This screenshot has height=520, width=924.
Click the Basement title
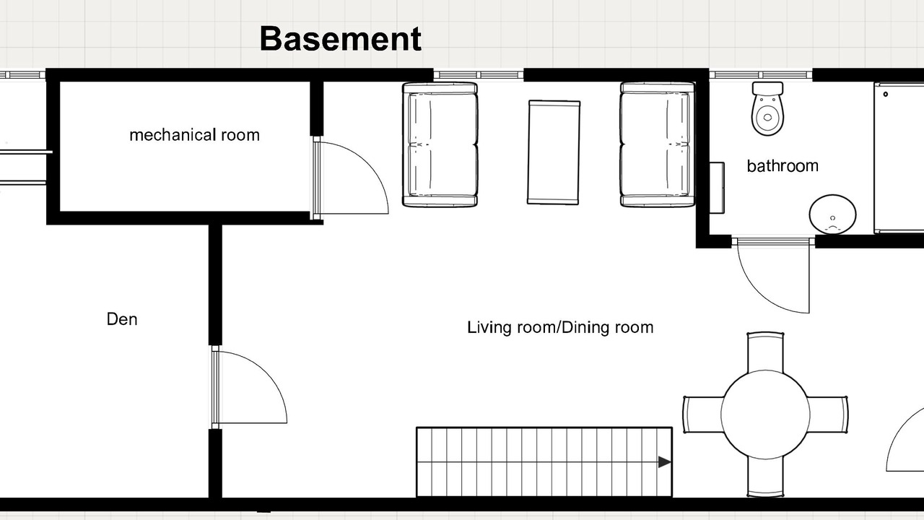point(341,39)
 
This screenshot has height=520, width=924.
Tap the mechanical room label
point(195,135)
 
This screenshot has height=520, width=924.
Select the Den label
point(122,319)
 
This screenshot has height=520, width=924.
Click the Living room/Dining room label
point(560,327)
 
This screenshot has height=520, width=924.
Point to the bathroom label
point(783,166)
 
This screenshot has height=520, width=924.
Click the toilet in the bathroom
point(767,108)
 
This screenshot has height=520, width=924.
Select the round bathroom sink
point(832,214)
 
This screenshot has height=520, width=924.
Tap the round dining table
point(765,415)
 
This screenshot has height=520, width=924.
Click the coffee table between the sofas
point(554,152)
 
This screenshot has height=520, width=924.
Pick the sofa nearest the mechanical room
point(440,144)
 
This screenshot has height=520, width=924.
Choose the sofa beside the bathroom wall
point(658,144)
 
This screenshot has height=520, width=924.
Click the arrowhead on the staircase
point(665,461)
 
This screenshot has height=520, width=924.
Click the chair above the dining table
point(765,352)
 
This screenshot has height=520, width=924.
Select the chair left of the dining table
point(702,415)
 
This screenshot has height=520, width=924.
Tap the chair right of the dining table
point(827,415)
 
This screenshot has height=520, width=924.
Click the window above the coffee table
point(479,75)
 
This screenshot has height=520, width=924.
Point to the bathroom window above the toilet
point(761,75)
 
